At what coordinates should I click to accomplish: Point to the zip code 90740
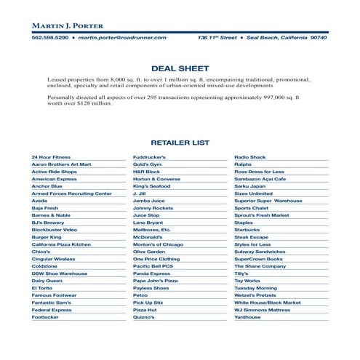pos(318,36)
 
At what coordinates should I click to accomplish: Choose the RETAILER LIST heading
pos(180,143)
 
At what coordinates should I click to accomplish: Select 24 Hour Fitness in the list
pos(51,157)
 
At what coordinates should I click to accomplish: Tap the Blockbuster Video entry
pos(54,229)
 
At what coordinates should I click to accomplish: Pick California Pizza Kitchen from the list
pos(61,245)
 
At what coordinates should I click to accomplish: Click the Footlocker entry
pos(45,317)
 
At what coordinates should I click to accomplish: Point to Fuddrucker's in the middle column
pos(150,157)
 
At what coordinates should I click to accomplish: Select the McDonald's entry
pos(148,237)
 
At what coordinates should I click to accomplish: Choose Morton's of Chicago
pos(158,245)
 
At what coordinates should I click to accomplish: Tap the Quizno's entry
pos(145,317)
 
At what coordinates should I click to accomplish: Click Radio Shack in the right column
pos(249,157)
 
